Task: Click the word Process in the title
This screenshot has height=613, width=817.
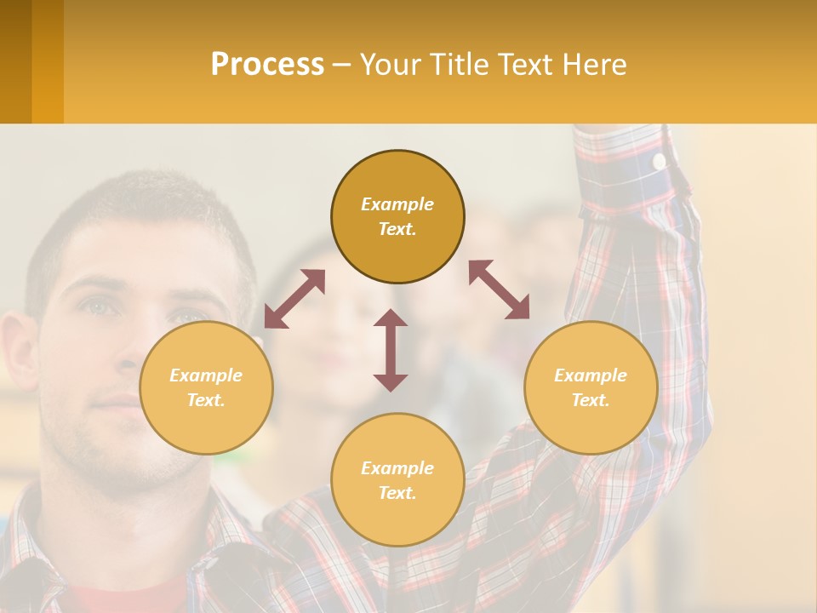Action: coord(267,65)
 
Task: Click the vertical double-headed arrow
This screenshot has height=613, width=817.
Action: coord(391,350)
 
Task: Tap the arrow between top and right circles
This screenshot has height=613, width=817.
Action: coord(499,289)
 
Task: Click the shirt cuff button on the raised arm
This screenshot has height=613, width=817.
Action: coord(659,160)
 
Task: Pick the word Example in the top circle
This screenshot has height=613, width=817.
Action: coord(397,204)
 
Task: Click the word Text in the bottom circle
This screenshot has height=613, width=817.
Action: coord(397,493)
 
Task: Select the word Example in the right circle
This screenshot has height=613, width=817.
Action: coord(591,375)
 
